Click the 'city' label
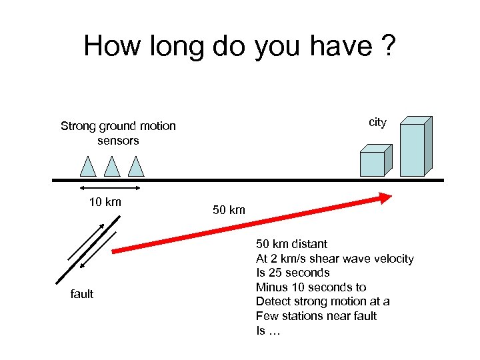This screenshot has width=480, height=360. coord(377,122)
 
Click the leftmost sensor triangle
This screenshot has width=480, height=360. coord(88,167)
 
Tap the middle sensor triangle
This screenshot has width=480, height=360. coord(112,167)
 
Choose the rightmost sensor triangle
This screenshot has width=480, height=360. coord(136,167)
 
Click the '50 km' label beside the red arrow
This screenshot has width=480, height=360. coord(229,211)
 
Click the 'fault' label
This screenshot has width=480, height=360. coord(82,294)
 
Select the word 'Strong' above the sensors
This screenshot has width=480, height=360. coord(79,126)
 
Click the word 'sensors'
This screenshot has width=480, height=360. coord(118,141)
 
